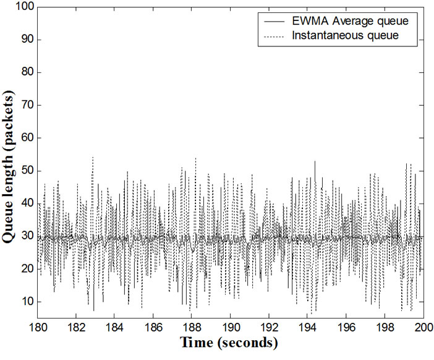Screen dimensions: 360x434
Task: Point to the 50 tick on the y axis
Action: point(26,171)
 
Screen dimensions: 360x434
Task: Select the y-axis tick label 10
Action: point(26,302)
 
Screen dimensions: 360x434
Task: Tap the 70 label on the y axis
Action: point(26,105)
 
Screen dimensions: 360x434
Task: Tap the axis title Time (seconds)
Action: point(229,342)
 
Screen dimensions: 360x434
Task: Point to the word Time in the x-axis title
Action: point(195,342)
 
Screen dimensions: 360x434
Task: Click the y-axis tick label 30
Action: point(26,236)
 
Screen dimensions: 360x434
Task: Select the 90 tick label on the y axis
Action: point(26,40)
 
